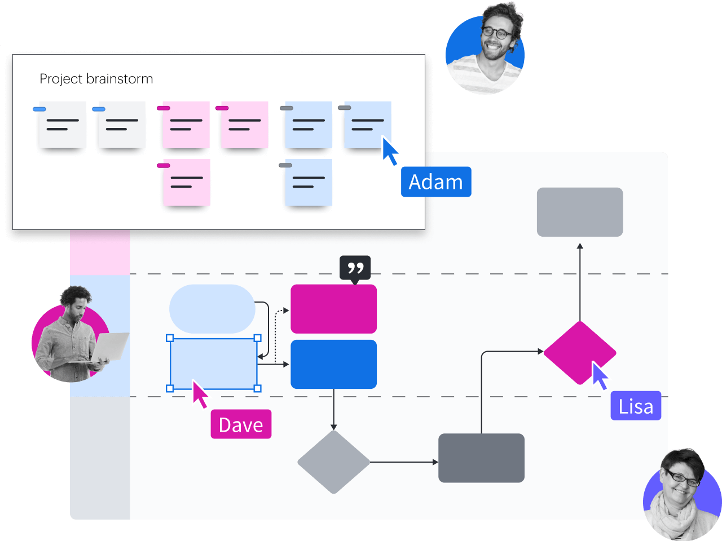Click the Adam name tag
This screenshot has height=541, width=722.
click(x=435, y=182)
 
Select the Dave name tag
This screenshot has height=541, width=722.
click(x=241, y=424)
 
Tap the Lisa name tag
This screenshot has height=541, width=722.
click(x=636, y=406)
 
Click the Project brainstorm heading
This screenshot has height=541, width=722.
click(x=96, y=79)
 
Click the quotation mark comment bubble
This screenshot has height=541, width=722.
click(x=355, y=268)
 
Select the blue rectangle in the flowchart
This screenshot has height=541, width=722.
click(x=333, y=364)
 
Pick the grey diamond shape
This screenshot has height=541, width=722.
click(x=333, y=462)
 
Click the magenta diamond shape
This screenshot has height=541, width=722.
click(x=579, y=352)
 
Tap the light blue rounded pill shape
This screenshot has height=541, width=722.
click(x=212, y=309)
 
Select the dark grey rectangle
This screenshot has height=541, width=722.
click(x=481, y=458)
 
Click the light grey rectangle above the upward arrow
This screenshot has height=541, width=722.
click(x=579, y=212)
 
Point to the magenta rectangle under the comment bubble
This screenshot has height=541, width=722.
click(x=333, y=309)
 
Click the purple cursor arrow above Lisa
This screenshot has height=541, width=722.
click(x=599, y=375)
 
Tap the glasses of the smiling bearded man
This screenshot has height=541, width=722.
click(x=496, y=33)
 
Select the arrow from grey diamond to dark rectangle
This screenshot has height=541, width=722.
click(x=404, y=462)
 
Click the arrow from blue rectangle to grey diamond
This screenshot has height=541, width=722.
click(x=333, y=409)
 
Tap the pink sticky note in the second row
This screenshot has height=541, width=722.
click(x=187, y=182)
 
